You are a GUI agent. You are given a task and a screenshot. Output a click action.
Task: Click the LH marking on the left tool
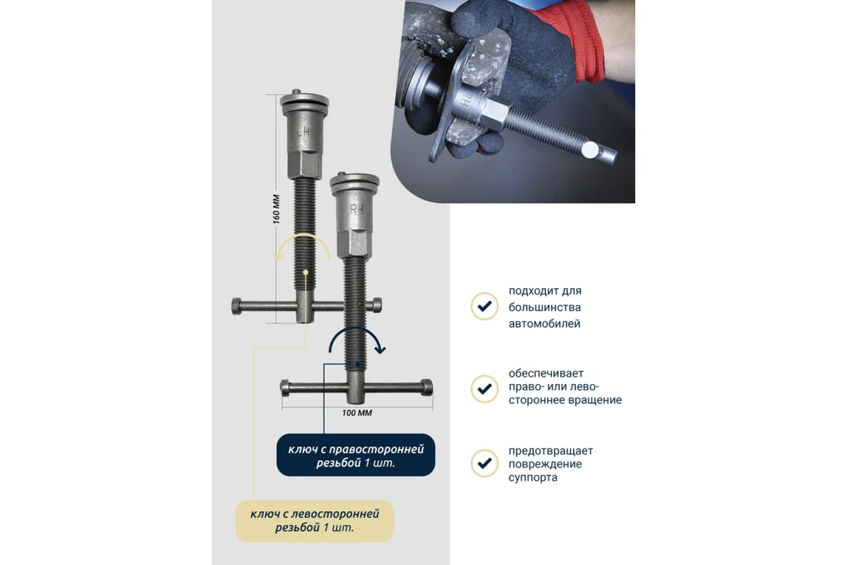(304, 132)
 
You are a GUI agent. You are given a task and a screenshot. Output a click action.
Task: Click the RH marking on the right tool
(356, 209)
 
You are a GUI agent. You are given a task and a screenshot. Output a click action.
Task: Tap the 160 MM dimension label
(277, 209)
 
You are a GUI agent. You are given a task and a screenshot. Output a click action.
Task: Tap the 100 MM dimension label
(357, 413)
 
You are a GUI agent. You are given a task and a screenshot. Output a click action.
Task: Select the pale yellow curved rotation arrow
(303, 236)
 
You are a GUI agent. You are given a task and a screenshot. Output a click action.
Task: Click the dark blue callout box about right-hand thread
(356, 455)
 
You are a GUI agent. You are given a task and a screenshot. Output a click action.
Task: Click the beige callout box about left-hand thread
(315, 521)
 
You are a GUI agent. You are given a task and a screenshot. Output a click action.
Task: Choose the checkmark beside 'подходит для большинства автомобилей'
(484, 306)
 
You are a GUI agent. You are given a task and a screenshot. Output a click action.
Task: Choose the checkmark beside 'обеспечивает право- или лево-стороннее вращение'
(484, 389)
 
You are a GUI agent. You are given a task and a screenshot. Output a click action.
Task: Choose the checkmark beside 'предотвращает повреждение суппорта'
(484, 463)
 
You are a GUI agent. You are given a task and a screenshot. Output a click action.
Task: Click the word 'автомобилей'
(544, 324)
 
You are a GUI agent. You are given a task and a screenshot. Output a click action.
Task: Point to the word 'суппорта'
(532, 478)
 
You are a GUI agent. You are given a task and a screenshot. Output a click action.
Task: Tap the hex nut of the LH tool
(305, 164)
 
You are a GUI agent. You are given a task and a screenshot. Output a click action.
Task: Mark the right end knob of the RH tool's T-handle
(426, 388)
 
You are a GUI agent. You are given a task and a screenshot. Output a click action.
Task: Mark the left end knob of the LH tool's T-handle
(237, 306)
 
